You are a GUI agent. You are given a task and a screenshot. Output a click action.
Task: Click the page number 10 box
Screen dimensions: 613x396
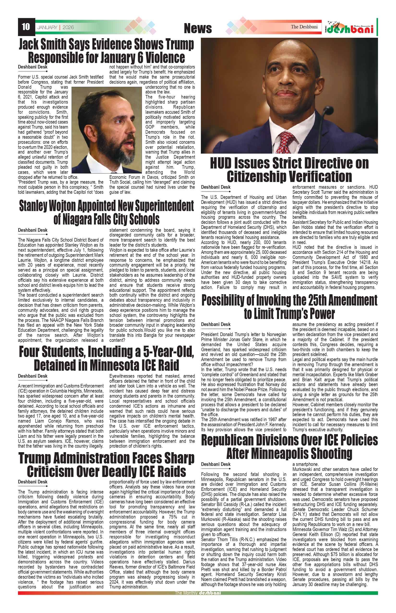[x=26, y=27]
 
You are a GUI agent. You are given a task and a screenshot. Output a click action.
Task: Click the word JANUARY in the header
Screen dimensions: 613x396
[x=47, y=28]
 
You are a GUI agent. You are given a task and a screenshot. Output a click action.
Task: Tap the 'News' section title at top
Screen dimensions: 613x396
[x=198, y=28]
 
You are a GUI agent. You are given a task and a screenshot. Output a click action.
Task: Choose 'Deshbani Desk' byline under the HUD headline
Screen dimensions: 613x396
[x=216, y=187]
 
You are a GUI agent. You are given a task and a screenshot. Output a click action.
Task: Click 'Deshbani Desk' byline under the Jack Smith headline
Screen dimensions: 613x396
[x=33, y=67]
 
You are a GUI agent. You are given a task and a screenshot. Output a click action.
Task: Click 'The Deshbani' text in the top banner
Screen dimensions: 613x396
[x=304, y=27]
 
